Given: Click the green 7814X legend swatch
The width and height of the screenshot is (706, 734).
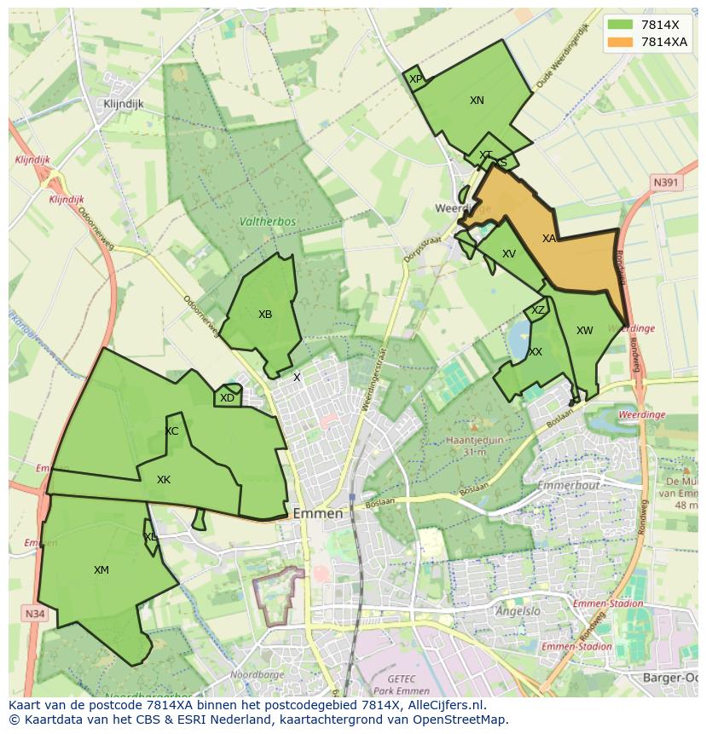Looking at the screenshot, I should (x=621, y=25).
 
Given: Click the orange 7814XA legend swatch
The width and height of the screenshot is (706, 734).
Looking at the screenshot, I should (x=621, y=42).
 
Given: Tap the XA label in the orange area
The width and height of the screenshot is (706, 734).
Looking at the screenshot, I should (x=549, y=239).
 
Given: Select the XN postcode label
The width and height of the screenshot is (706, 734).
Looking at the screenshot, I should (x=477, y=101).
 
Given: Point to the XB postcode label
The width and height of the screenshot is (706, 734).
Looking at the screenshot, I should (x=265, y=315).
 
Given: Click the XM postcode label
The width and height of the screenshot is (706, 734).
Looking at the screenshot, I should (x=101, y=570).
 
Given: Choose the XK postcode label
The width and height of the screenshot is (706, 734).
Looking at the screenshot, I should (x=164, y=480).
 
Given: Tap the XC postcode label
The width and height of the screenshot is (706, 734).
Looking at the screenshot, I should (x=171, y=431).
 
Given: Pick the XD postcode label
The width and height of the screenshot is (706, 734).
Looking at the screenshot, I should (x=227, y=398).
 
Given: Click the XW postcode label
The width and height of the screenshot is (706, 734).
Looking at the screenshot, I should (x=584, y=331).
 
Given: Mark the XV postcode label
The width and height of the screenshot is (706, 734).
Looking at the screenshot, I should (x=509, y=254).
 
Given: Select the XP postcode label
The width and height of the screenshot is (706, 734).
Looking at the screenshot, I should (x=415, y=79).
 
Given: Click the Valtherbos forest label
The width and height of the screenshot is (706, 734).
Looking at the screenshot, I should (x=268, y=222).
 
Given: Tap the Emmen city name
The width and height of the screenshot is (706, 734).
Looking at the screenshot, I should (x=317, y=514).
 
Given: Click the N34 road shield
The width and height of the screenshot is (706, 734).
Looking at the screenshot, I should (x=34, y=614).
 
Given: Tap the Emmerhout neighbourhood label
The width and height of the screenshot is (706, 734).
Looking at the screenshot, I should (x=570, y=486).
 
